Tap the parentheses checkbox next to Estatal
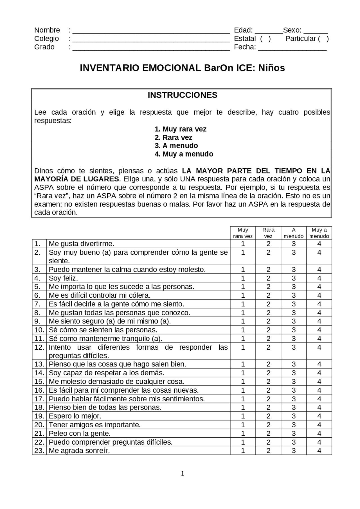click(265, 39)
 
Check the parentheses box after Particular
click(323, 39)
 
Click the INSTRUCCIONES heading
click(182, 95)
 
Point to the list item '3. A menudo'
click(176, 146)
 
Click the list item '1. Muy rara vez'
click(180, 129)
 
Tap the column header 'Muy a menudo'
click(319, 233)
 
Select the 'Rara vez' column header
click(268, 233)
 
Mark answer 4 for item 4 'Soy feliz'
click(319, 278)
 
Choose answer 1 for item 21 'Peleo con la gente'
click(243, 433)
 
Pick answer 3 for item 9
click(293, 321)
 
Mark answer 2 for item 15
click(268, 382)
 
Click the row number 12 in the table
click(39, 347)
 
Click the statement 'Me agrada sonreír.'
click(79, 451)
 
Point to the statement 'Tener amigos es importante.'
click(94, 425)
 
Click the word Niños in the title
click(271, 68)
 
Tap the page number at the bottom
click(182, 474)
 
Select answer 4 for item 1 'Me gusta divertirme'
click(319, 244)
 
